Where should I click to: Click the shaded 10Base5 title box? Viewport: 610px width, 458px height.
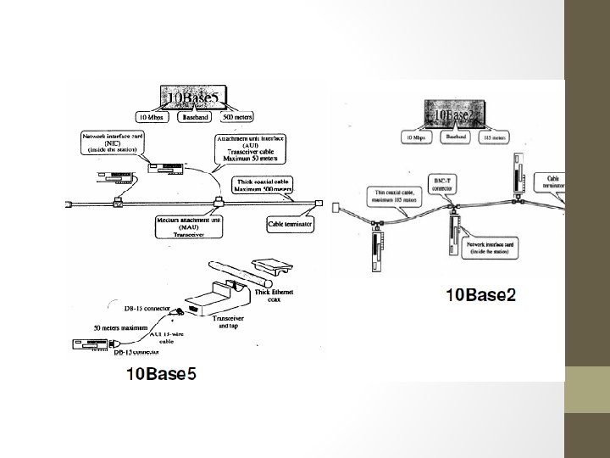[x=194, y=98]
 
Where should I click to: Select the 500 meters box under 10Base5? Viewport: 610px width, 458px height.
[x=237, y=119]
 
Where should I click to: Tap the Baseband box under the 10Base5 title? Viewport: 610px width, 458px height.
[x=193, y=119]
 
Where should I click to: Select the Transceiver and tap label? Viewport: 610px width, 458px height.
[x=227, y=320]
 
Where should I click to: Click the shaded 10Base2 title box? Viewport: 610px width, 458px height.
[x=457, y=113]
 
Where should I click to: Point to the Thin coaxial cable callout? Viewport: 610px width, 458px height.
[x=396, y=197]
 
